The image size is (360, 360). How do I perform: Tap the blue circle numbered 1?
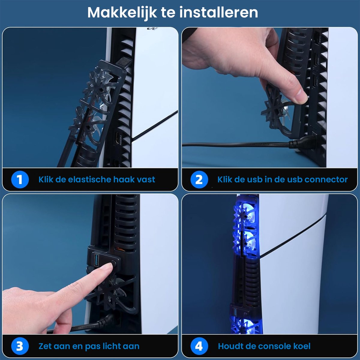click(x=20, y=179)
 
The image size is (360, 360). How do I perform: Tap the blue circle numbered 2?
click(x=199, y=179)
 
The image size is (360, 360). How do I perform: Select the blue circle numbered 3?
click(x=20, y=346)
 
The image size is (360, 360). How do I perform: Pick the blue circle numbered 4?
click(x=199, y=346)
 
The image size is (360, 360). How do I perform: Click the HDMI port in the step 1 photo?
click(x=118, y=138)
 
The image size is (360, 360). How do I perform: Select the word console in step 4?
click(x=272, y=346)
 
